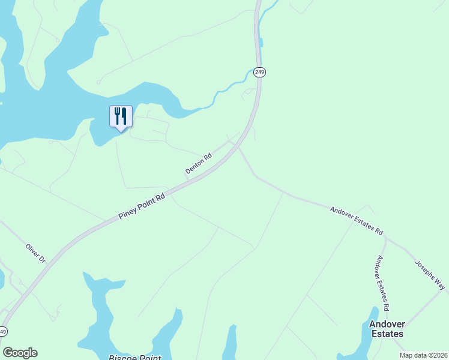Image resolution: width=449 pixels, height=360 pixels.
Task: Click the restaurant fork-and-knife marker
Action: tap(121, 116)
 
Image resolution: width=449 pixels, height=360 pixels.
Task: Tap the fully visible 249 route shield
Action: tap(259, 72)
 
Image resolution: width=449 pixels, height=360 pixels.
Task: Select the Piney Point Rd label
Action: tap(142, 206)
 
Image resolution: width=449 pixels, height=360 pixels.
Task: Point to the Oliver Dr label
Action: tap(35, 253)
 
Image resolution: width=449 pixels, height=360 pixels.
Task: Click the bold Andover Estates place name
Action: tap(386, 328)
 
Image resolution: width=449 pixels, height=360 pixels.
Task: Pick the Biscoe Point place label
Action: tap(136, 358)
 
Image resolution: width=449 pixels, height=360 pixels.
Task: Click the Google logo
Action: tap(20, 353)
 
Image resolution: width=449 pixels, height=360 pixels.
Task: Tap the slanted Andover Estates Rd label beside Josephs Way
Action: tap(357, 220)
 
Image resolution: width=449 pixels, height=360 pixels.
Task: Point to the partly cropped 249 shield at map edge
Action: tap(3, 331)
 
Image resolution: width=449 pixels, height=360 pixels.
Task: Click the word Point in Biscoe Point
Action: tap(149, 358)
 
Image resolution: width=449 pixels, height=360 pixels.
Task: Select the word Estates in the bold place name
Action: tap(386, 333)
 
